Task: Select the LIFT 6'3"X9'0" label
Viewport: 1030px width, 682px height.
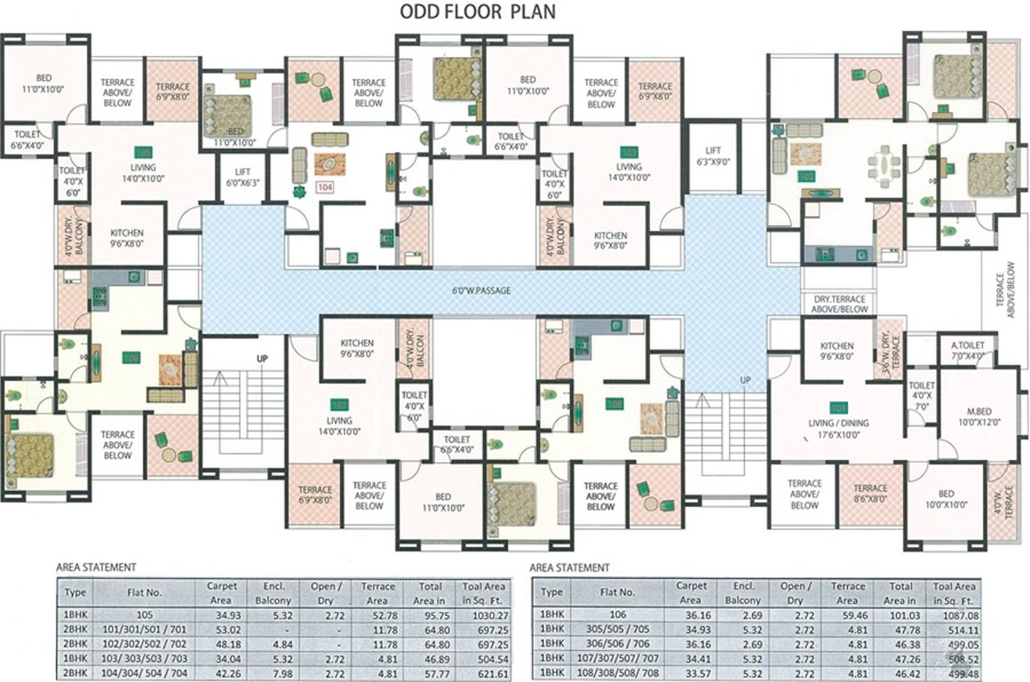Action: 713,157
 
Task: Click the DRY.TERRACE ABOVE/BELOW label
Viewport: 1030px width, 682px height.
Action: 840,305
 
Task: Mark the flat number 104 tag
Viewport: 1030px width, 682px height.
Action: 325,187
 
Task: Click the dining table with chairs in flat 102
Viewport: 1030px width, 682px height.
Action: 883,166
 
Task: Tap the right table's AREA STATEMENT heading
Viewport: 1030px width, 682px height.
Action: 568,567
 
